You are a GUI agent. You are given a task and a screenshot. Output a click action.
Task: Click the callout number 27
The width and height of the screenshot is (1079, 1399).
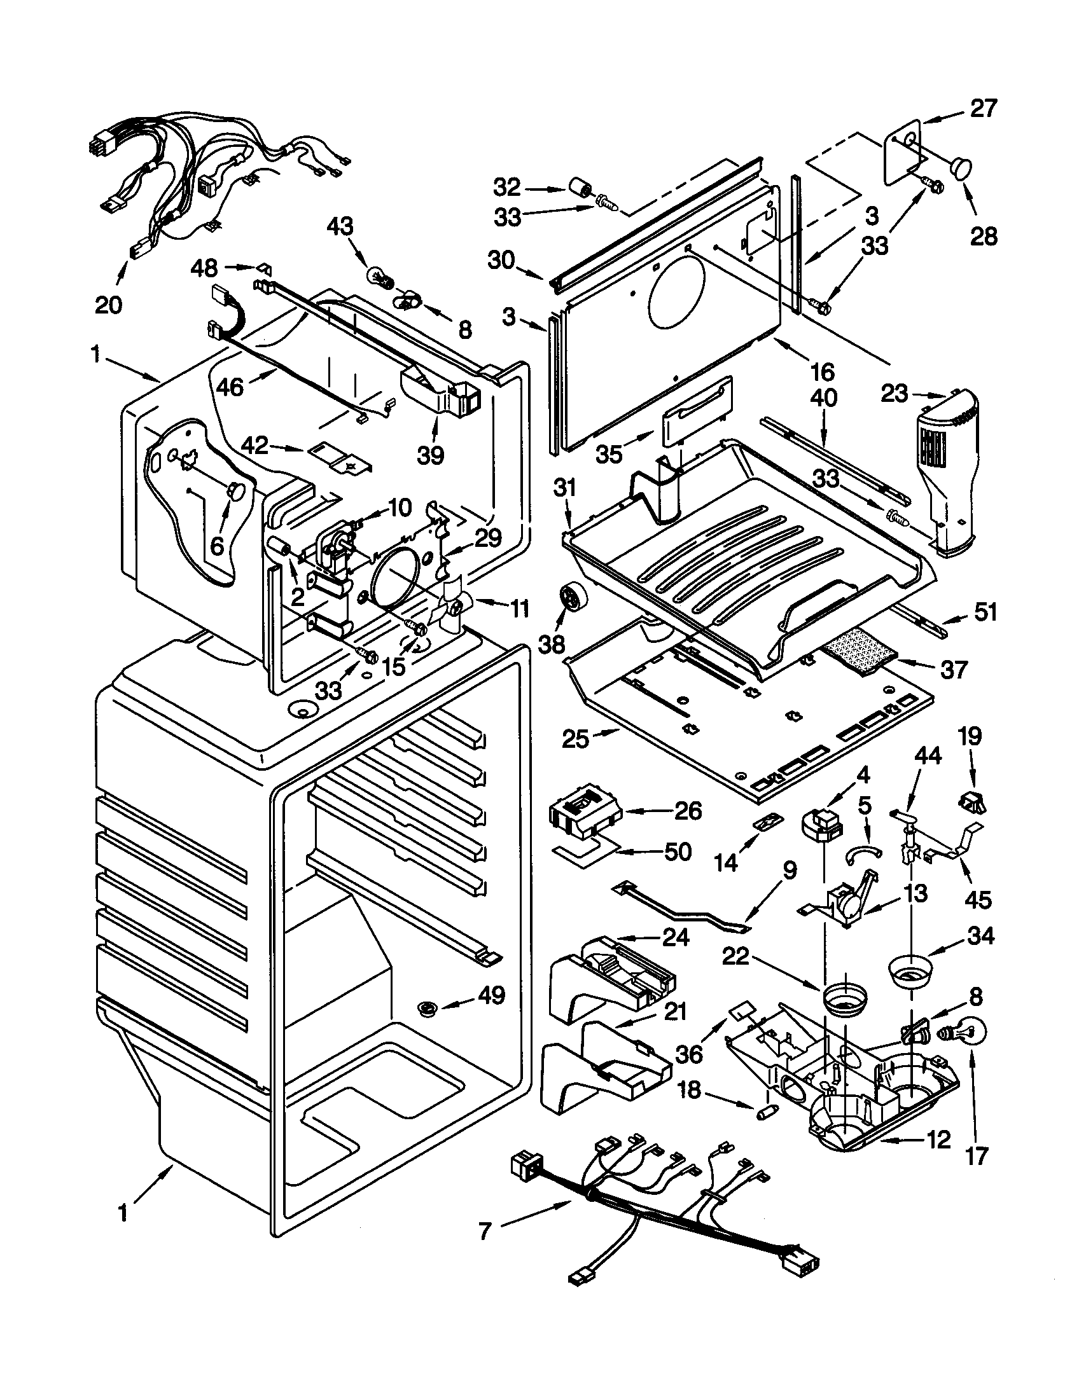(984, 109)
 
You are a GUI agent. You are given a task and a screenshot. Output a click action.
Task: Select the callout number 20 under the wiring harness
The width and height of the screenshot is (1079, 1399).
(108, 304)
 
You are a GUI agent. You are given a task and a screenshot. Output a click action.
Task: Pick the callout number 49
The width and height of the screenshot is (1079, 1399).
(491, 995)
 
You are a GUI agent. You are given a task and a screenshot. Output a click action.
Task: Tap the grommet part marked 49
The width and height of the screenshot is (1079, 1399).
(426, 1009)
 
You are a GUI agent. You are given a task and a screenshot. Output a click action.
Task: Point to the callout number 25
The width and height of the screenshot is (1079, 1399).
(574, 738)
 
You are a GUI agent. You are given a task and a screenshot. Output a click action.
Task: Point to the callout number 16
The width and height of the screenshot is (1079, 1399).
(822, 371)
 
